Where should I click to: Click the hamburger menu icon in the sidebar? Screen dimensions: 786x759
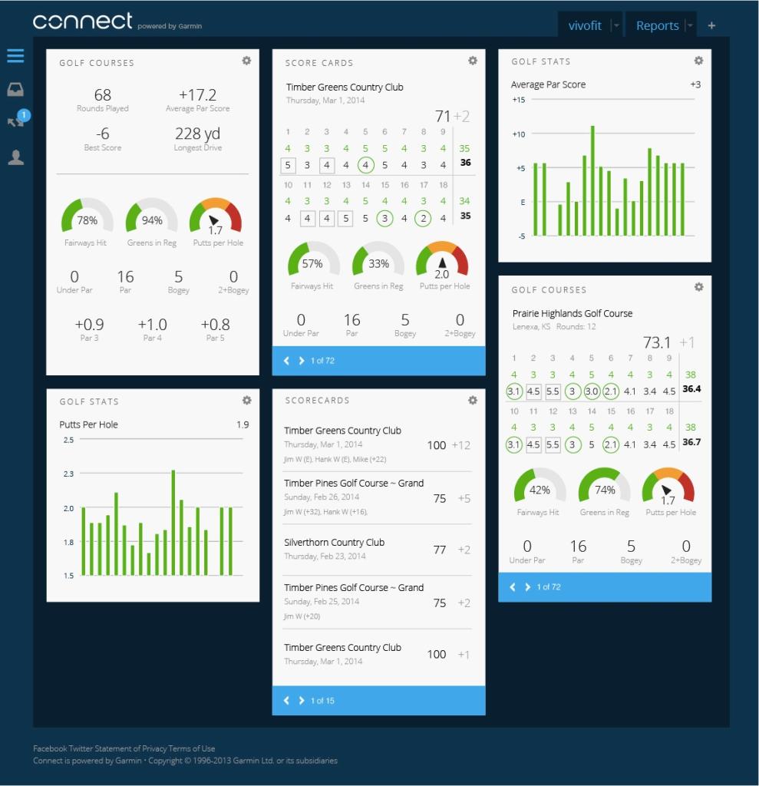pyautogui.click(x=15, y=56)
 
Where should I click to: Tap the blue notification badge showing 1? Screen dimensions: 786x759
pyautogui.click(x=23, y=115)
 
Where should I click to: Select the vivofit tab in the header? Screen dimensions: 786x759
pyautogui.click(x=585, y=25)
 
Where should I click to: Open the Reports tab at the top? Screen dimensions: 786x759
pyautogui.click(x=657, y=25)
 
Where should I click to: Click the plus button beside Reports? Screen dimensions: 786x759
pyautogui.click(x=711, y=25)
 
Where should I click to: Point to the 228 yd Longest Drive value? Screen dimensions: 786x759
pyautogui.click(x=198, y=134)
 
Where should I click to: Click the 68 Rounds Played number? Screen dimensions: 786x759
pyautogui.click(x=103, y=95)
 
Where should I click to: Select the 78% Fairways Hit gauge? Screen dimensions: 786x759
pyautogui.click(x=87, y=219)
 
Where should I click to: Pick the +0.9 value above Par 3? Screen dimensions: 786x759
pyautogui.click(x=89, y=325)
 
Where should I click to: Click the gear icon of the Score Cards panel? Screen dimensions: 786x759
pyautogui.click(x=473, y=61)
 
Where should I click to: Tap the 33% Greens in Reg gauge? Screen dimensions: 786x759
pyautogui.click(x=378, y=263)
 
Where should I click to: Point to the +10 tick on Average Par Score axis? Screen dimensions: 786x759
pyautogui.click(x=519, y=134)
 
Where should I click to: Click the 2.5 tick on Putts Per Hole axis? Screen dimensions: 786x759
pyautogui.click(x=69, y=440)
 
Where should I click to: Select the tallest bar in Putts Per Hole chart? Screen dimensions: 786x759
pyautogui.click(x=173, y=522)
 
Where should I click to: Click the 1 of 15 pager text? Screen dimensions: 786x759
pyautogui.click(x=322, y=701)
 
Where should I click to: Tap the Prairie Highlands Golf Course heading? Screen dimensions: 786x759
pyautogui.click(x=573, y=313)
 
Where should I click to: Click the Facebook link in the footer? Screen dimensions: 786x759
pyautogui.click(x=50, y=748)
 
